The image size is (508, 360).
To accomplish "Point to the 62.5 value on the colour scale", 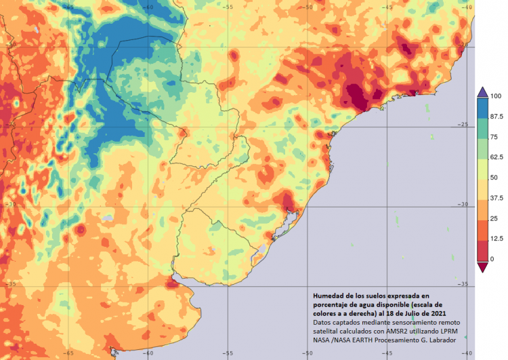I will tap(497, 157).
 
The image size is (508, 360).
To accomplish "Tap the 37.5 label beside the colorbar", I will tap(497, 198).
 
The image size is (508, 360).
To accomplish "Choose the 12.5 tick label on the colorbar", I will tap(497, 239).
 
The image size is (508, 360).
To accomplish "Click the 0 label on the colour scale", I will tap(492, 259).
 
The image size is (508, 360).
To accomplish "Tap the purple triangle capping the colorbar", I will tap(482, 92).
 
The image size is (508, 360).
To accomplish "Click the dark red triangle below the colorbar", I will tap(482, 266).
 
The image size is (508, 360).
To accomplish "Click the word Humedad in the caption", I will tap(329, 296).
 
